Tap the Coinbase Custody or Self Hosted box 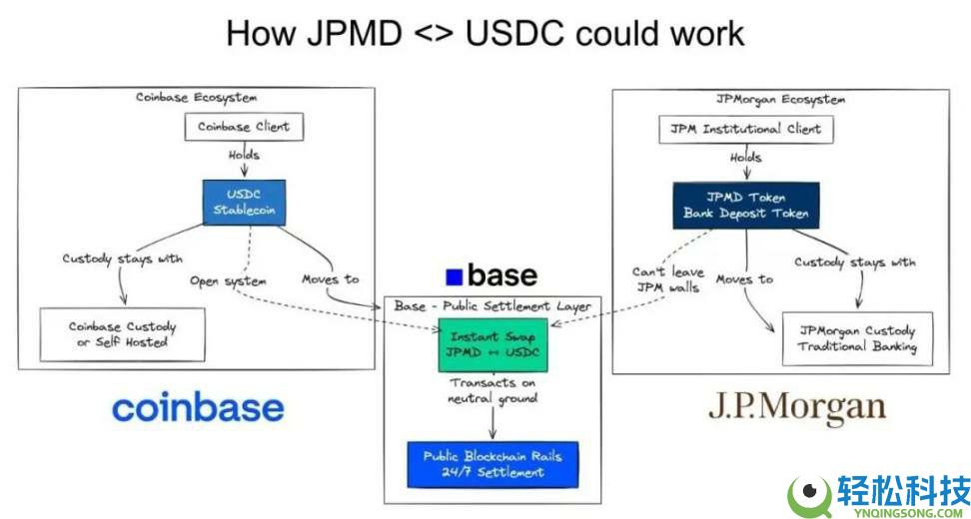pyautogui.click(x=122, y=334)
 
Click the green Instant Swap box pyautogui.click(x=491, y=345)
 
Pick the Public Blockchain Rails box pyautogui.click(x=491, y=464)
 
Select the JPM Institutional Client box pyautogui.click(x=745, y=128)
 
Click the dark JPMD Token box pyautogui.click(x=745, y=206)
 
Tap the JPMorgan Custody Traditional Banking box pyautogui.click(x=857, y=338)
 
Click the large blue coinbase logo pyautogui.click(x=198, y=407)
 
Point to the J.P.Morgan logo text pyautogui.click(x=797, y=407)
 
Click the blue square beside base pyautogui.click(x=455, y=276)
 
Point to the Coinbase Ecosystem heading pyautogui.click(x=196, y=97)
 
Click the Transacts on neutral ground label pyautogui.click(x=491, y=391)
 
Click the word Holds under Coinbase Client pyautogui.click(x=243, y=155)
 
